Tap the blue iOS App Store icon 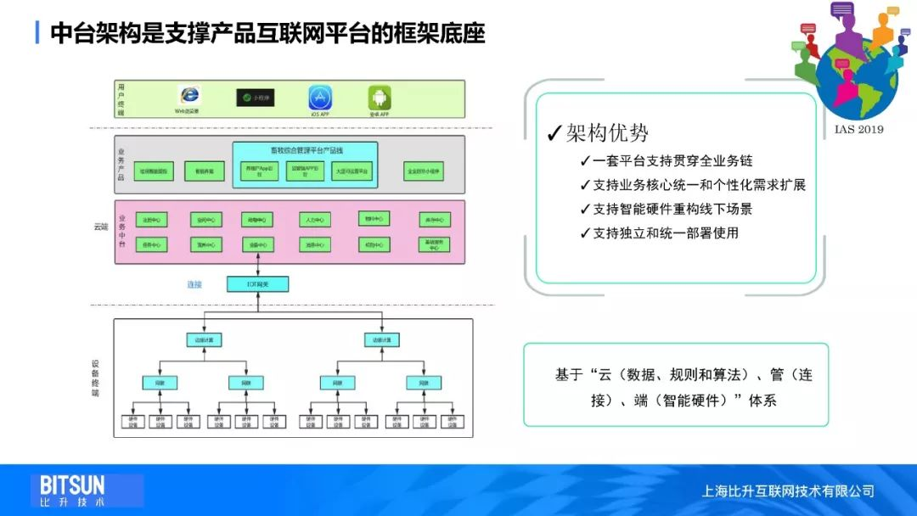coord(320,97)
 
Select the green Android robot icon coord(379,97)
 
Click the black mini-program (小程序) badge coord(255,98)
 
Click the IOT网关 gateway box coord(258,284)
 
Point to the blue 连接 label coord(194,284)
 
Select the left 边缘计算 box coord(205,340)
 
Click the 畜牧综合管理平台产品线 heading coord(305,152)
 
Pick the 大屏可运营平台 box coord(352,171)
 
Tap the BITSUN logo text coord(72,485)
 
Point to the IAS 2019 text coord(858,129)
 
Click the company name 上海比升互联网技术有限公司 coord(788,491)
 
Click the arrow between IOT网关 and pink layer coord(258,269)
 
